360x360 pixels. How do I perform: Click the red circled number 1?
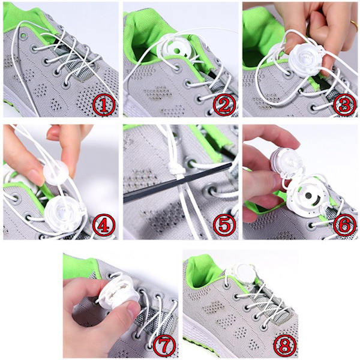104,105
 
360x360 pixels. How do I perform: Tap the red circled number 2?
224,105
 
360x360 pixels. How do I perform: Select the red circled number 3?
344,105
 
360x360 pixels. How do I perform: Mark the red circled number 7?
164,346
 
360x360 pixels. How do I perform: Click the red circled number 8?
284,346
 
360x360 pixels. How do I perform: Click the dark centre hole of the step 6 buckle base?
309,196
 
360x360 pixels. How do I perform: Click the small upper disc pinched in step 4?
56,172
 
